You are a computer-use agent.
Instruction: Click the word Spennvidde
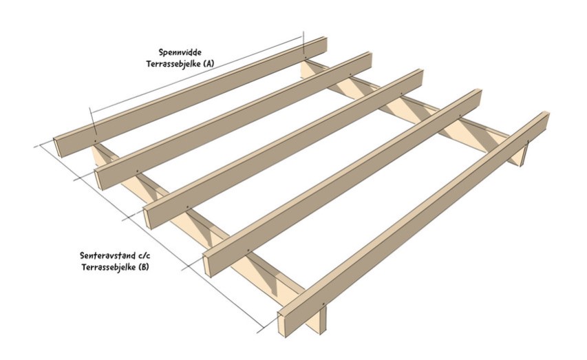180,52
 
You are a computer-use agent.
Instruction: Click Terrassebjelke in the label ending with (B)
108,266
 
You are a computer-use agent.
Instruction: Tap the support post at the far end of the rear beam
525,154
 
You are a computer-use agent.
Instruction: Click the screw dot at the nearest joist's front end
323,304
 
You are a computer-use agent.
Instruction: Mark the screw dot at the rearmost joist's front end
94,140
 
